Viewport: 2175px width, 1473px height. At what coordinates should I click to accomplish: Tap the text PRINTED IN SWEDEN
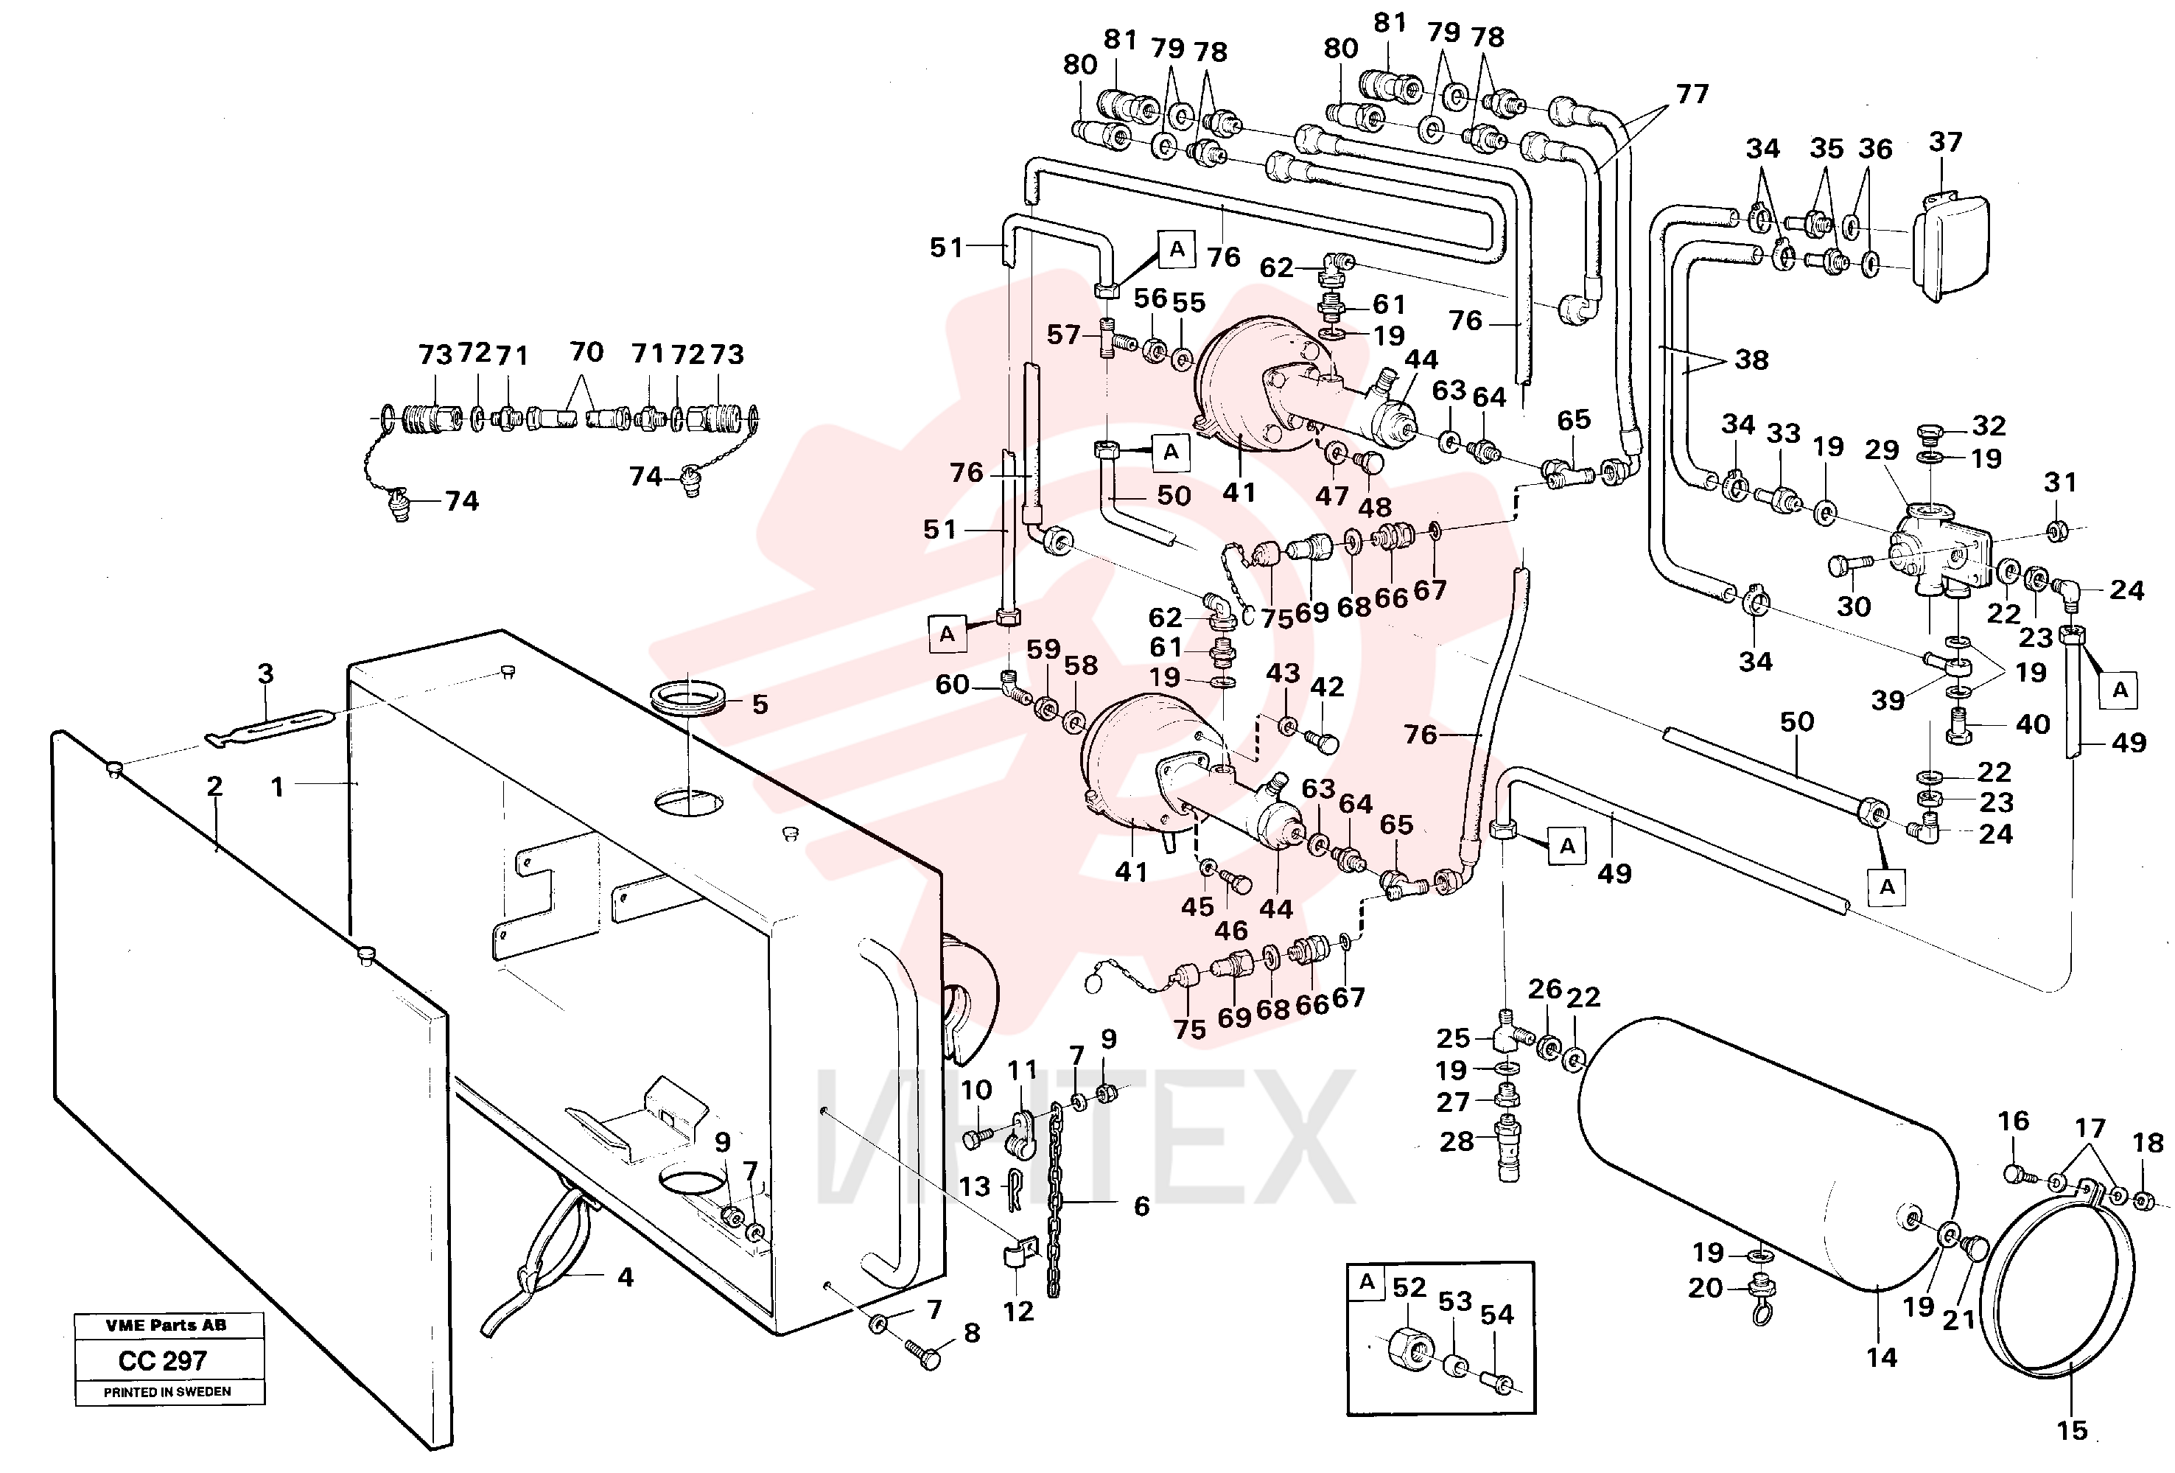[x=167, y=1393]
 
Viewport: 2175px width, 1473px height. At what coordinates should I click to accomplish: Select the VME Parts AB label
[x=166, y=1325]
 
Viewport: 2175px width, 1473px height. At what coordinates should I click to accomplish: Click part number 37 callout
[x=1945, y=142]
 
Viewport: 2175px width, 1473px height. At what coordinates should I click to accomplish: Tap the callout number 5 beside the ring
[x=760, y=704]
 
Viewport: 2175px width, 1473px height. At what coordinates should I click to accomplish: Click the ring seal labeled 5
[x=687, y=698]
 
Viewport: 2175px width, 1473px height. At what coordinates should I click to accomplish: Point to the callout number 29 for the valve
[x=1881, y=450]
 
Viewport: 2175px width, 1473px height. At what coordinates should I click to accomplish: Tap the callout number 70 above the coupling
[x=586, y=352]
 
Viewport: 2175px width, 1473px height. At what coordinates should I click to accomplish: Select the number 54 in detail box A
[x=1496, y=1315]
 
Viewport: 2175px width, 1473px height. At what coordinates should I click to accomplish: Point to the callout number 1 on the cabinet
[x=276, y=787]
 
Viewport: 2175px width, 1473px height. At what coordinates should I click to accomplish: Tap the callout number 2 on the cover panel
[x=214, y=786]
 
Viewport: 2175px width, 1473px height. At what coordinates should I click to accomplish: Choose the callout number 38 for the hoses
[x=1751, y=360]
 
